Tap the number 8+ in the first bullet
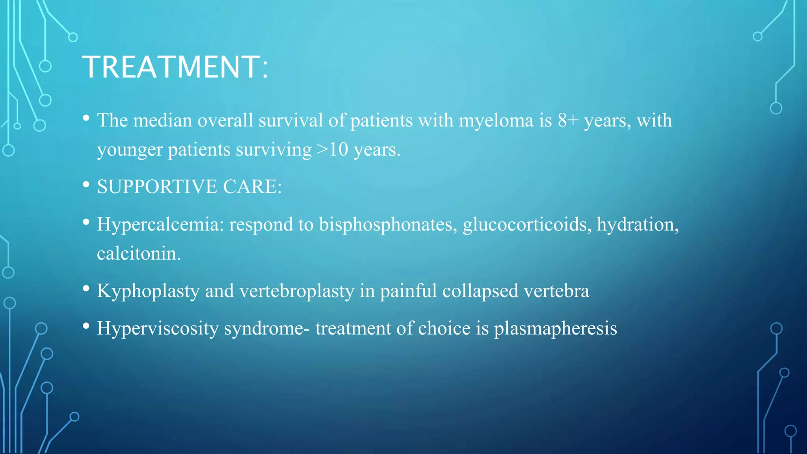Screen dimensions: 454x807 [568, 120]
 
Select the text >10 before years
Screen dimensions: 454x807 [332, 150]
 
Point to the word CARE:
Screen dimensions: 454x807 [252, 186]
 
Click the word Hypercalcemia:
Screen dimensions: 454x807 [160, 225]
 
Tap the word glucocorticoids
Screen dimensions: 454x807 [527, 225]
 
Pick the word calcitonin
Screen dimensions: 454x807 [138, 253]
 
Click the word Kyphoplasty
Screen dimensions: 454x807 [148, 291]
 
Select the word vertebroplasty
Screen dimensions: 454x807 [297, 291]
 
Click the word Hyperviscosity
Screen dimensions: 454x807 [158, 329]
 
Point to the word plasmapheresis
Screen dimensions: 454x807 [555, 329]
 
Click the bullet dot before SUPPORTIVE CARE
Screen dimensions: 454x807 [86, 184]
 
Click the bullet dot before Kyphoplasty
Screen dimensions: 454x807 [86, 289]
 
